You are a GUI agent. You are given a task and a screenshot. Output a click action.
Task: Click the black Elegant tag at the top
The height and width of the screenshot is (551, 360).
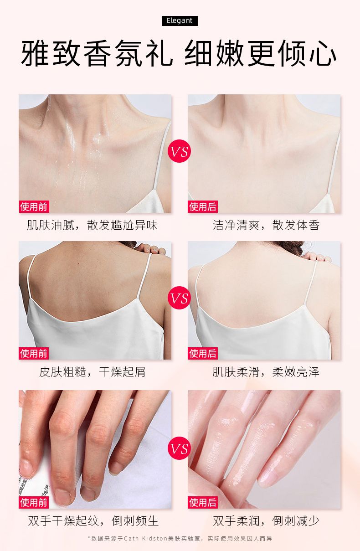(180, 21)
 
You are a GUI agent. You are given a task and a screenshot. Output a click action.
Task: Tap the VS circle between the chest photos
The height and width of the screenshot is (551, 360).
(179, 151)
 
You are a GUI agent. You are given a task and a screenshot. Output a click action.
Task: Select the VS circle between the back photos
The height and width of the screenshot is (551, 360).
(179, 298)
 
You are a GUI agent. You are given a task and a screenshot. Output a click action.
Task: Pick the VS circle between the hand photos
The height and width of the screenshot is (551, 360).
(179, 448)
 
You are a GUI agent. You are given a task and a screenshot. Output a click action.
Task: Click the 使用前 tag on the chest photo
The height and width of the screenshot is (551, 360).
(34, 206)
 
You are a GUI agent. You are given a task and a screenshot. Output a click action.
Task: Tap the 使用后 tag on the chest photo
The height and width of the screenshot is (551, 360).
(203, 206)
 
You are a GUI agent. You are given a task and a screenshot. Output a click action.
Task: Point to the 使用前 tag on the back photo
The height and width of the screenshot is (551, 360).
(34, 354)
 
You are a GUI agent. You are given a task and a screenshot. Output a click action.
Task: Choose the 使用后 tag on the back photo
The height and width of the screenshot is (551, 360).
(203, 354)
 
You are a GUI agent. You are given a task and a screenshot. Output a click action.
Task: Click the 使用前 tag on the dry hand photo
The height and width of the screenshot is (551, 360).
(34, 502)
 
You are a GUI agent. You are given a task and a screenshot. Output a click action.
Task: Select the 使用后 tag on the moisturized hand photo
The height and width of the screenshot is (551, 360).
(203, 502)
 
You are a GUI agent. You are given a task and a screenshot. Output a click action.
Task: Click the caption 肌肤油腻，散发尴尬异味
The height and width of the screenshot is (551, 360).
(92, 225)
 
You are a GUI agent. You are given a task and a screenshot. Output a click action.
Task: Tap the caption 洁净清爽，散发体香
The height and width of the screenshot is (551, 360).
(266, 225)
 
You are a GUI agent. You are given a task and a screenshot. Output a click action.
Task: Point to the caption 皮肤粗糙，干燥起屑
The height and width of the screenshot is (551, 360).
(92, 372)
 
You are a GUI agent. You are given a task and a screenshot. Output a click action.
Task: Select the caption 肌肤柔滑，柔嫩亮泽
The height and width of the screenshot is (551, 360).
(266, 372)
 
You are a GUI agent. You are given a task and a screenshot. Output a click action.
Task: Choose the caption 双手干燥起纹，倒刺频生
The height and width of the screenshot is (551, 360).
(93, 521)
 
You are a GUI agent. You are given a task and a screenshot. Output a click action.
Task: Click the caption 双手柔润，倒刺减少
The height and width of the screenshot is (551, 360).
(266, 521)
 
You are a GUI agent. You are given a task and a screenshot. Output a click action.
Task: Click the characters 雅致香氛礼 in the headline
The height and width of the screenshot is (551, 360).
(97, 53)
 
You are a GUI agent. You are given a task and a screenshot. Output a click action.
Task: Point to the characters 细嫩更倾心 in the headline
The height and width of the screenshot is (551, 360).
(261, 53)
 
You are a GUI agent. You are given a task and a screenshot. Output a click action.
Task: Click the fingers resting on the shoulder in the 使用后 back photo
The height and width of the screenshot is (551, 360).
(316, 257)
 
